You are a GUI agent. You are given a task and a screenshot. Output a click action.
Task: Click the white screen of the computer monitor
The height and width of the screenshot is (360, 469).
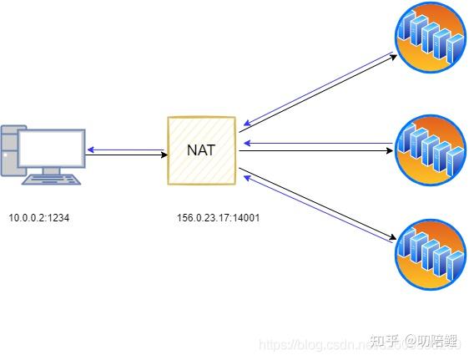[52, 149]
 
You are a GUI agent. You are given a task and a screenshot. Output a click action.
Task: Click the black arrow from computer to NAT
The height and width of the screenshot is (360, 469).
[125, 155]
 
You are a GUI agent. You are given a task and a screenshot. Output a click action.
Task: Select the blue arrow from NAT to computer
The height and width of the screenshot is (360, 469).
[125, 150]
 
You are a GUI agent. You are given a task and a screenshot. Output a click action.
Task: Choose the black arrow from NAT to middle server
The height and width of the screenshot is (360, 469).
[317, 152]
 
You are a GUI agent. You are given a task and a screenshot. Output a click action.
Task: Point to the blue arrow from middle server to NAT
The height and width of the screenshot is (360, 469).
[317, 143]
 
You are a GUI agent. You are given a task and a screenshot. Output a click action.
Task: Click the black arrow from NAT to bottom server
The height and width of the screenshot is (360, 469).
[317, 205]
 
